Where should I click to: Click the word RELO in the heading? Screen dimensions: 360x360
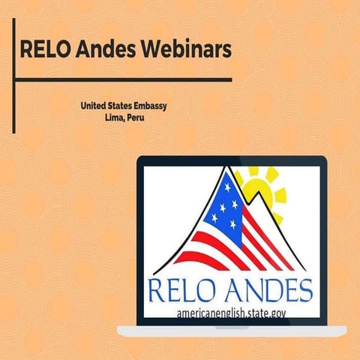coord(46,50)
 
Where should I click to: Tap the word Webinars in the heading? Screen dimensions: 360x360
coord(181,50)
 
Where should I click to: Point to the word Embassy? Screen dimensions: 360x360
coord(149,106)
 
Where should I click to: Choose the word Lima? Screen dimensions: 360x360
coord(117,118)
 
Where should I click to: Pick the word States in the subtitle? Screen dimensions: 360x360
coord(121,106)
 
